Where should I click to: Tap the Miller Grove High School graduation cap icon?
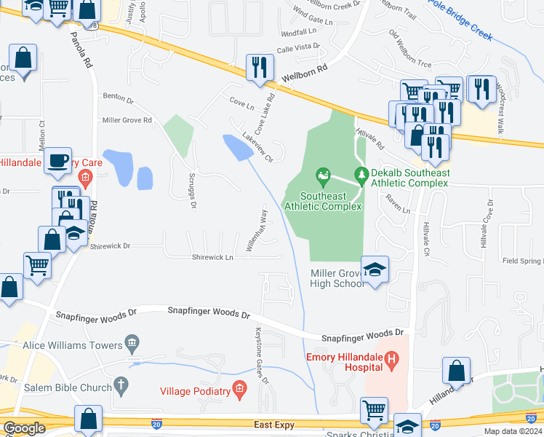click(375, 269)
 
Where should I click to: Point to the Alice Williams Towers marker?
click(132, 342)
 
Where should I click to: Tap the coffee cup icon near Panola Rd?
click(57, 160)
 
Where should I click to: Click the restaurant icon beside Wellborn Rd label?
click(260, 67)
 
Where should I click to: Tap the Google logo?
click(24, 428)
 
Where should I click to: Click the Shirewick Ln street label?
click(213, 257)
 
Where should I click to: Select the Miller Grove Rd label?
click(127, 119)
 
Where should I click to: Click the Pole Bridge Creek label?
click(460, 20)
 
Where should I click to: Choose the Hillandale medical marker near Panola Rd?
click(85, 177)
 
